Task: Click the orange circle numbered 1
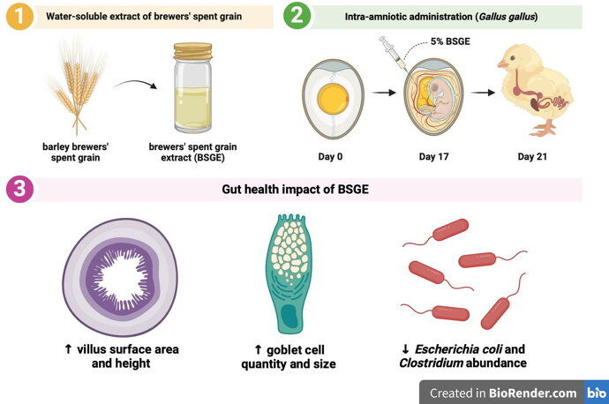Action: click(x=18, y=17)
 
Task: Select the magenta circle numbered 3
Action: click(x=18, y=188)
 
